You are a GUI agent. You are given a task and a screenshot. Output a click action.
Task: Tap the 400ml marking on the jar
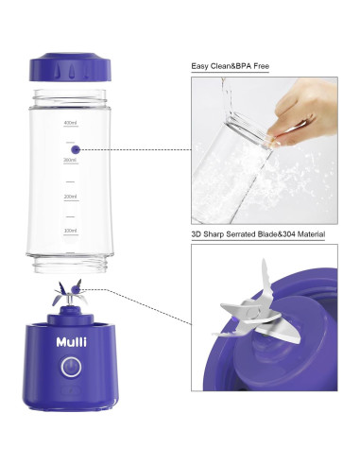(x=69, y=123)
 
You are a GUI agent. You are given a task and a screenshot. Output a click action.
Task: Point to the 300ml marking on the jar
(x=69, y=160)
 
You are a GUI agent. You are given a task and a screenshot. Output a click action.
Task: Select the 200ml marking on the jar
(x=69, y=197)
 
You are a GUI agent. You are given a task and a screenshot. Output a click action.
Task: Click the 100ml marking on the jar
(x=69, y=231)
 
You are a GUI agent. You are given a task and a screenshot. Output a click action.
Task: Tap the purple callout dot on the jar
(x=76, y=148)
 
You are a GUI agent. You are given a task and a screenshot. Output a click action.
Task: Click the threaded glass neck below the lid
(x=74, y=96)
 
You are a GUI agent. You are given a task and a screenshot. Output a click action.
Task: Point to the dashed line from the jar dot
(x=132, y=148)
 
